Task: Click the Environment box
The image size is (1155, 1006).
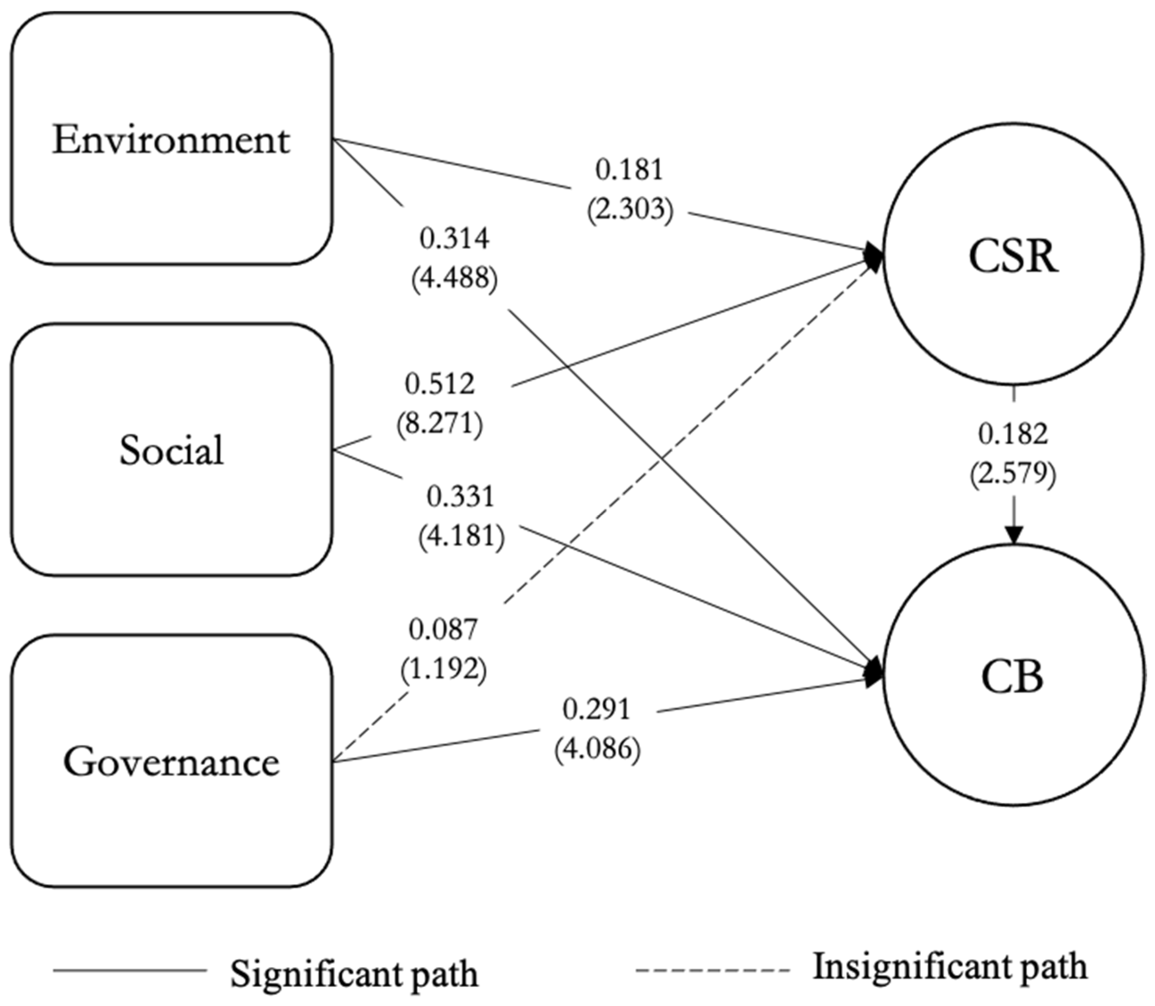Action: [171, 139]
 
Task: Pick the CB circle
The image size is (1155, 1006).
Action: [1013, 678]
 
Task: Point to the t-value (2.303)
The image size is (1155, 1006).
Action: [630, 210]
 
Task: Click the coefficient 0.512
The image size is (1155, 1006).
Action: [439, 385]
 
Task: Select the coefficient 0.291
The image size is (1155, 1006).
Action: [597, 710]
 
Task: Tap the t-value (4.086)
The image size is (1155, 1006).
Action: [597, 749]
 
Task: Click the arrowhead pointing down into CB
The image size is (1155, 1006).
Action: [1014, 536]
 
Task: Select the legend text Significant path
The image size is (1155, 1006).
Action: [354, 974]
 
